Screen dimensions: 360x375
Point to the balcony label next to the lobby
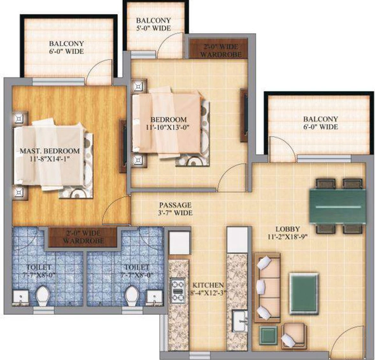[320, 123]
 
